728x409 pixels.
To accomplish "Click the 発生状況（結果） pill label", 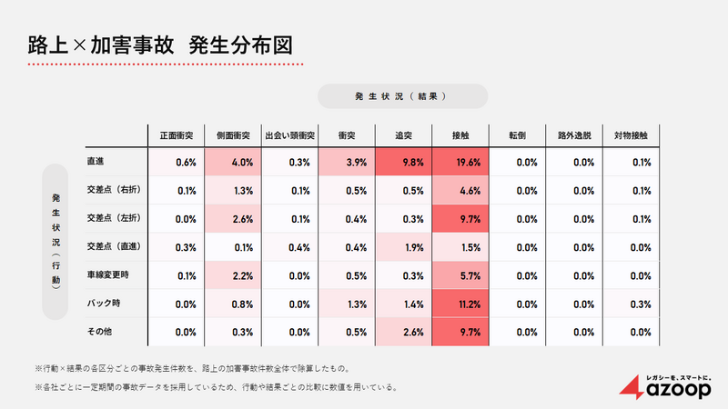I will pos(402,95).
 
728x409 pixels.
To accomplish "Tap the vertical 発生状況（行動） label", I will pos(56,241).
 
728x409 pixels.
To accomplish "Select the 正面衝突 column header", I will pos(176,135).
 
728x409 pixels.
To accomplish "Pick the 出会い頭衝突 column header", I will pos(288,135).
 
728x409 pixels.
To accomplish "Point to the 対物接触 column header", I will pos(631,135).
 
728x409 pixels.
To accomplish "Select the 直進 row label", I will pos(96,162).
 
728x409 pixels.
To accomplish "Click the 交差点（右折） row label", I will pos(114,190).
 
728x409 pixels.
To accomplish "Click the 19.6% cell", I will pos(460,162).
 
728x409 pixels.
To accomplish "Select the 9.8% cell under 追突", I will pos(403,162).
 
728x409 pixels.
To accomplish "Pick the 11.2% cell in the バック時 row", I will pos(460,304).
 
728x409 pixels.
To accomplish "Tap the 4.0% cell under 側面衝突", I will pos(232,162).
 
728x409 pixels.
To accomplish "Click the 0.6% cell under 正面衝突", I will pos(176,162).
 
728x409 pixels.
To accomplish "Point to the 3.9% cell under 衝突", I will pos(347,162).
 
